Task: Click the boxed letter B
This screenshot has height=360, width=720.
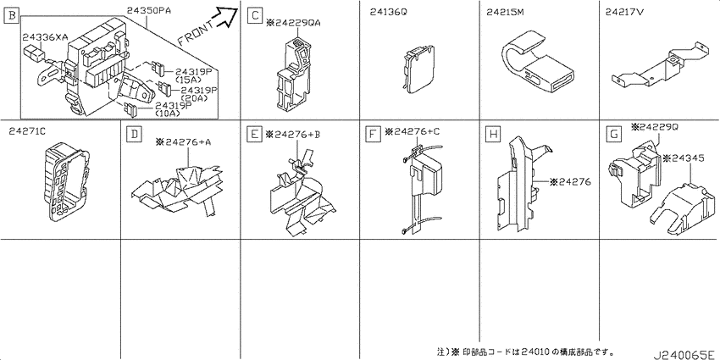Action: (x=11, y=17)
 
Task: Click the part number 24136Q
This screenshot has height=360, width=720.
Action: (x=388, y=14)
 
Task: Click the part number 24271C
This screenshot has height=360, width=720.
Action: (x=27, y=132)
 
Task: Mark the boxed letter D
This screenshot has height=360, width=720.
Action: (x=134, y=135)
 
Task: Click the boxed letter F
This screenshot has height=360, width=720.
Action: (x=373, y=135)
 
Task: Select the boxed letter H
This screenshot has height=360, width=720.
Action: (x=493, y=135)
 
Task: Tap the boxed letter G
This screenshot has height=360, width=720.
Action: (x=613, y=135)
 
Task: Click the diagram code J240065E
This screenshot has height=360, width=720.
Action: (x=684, y=355)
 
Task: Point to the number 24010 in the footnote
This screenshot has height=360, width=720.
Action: (x=534, y=352)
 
